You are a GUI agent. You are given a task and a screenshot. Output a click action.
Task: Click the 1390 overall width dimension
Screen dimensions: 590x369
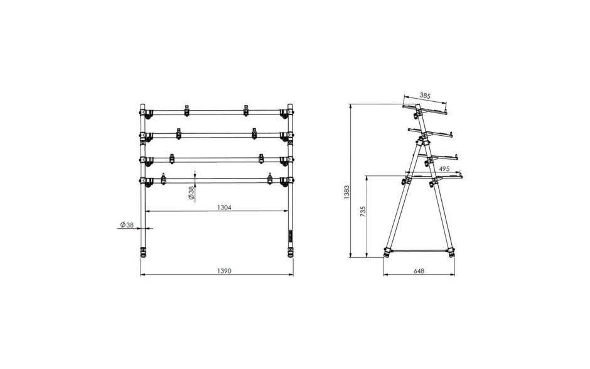pos(223,271)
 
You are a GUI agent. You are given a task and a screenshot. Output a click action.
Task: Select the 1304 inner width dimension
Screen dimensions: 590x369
pos(224,207)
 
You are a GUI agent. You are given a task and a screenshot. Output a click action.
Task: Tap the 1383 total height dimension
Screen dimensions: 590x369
pos(346,192)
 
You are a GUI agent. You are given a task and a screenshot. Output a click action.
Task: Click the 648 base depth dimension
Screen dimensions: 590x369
pos(419,271)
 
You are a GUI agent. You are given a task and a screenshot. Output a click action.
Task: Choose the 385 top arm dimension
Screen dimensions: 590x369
pos(425,96)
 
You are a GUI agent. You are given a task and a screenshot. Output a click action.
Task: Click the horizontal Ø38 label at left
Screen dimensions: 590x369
pos(127,224)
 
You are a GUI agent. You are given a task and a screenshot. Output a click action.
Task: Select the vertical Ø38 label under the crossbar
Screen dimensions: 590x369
pos(191,192)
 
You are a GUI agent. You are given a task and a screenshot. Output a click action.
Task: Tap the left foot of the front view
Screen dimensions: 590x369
pos(143,253)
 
